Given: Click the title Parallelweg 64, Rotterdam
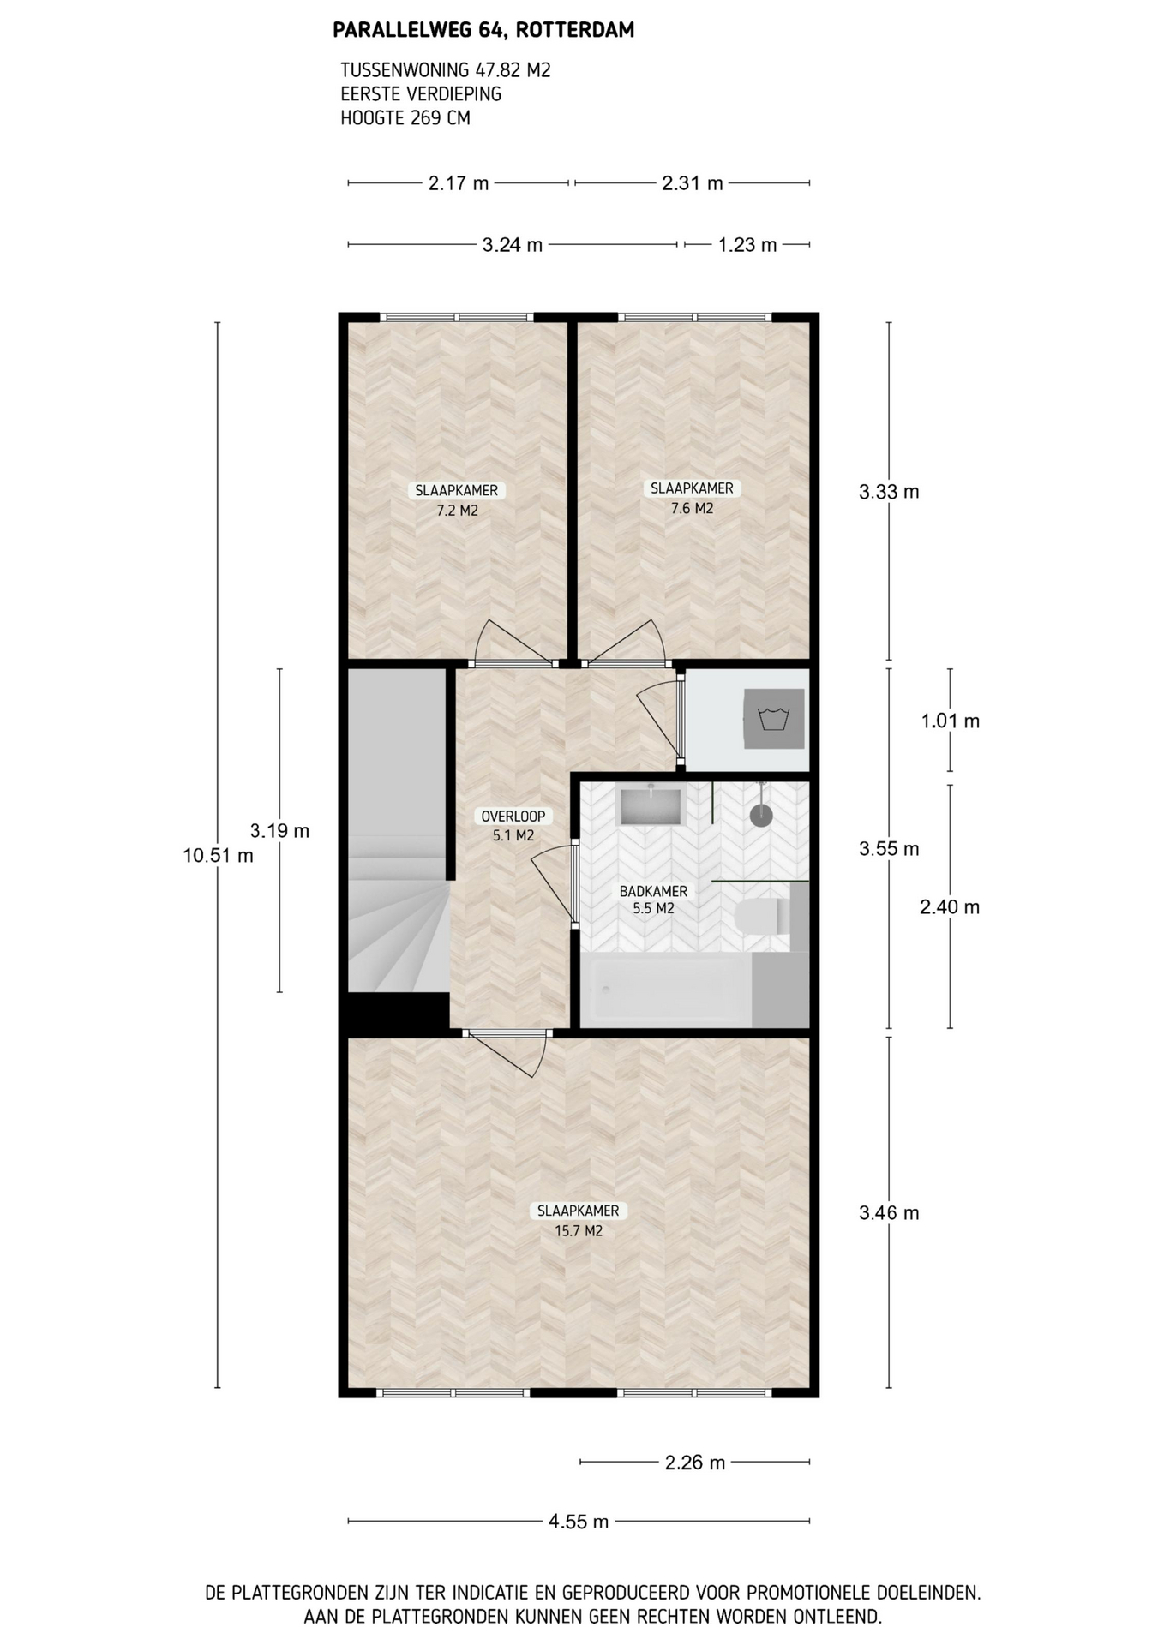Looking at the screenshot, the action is (483, 31).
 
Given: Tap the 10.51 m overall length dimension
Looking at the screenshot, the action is (218, 855).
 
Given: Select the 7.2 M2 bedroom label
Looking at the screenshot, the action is (457, 500).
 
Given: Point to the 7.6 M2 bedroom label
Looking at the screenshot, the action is (692, 498).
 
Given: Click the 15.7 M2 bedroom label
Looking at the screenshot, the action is (579, 1221).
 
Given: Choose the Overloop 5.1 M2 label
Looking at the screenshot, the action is (513, 826).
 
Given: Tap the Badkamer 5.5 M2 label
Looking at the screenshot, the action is (653, 900).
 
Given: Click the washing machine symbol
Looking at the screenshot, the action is (774, 719).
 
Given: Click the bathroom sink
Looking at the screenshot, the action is (651, 806).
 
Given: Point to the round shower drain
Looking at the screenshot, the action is (761, 815).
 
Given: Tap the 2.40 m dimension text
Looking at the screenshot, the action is (950, 906).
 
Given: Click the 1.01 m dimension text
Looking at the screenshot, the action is (950, 721).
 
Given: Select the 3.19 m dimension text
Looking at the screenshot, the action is (279, 830).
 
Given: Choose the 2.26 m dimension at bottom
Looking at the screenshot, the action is (695, 1463).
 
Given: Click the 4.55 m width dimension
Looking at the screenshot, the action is (579, 1522).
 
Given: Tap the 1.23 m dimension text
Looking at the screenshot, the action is (747, 245).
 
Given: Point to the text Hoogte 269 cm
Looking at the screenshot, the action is (405, 118).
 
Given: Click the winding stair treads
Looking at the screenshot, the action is (399, 925).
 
